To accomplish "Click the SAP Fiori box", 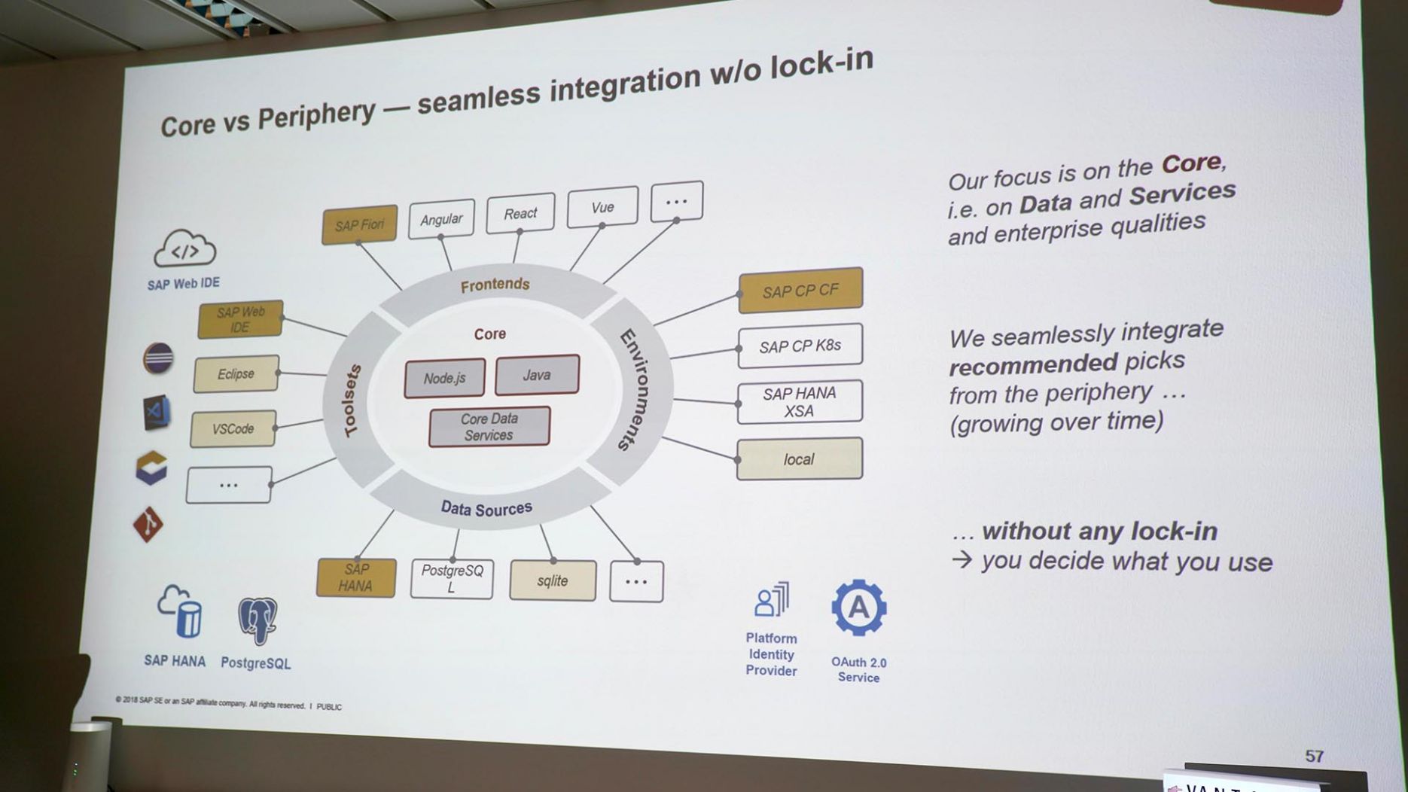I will tap(359, 224).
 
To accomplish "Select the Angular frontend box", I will tap(441, 219).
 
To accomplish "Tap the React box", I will tap(520, 213).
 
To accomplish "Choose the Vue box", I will tap(602, 207).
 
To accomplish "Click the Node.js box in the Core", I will tap(444, 378).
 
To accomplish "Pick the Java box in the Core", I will tap(537, 375).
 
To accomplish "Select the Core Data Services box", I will tap(489, 427).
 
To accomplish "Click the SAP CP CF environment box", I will tap(800, 291).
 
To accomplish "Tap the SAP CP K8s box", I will tap(800, 346).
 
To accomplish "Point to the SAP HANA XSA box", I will tap(799, 402).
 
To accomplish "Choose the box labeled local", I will tap(799, 459).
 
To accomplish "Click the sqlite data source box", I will tap(553, 580).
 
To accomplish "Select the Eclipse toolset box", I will tap(236, 374).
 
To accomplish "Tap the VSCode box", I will tap(233, 429).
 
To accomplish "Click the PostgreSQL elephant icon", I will tap(258, 620).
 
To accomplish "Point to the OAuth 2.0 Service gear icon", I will tap(858, 608).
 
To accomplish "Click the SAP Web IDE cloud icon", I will tap(184, 249).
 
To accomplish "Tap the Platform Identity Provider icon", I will tap(772, 601).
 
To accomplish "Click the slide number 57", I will tap(1314, 756).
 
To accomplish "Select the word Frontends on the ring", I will tap(495, 285).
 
